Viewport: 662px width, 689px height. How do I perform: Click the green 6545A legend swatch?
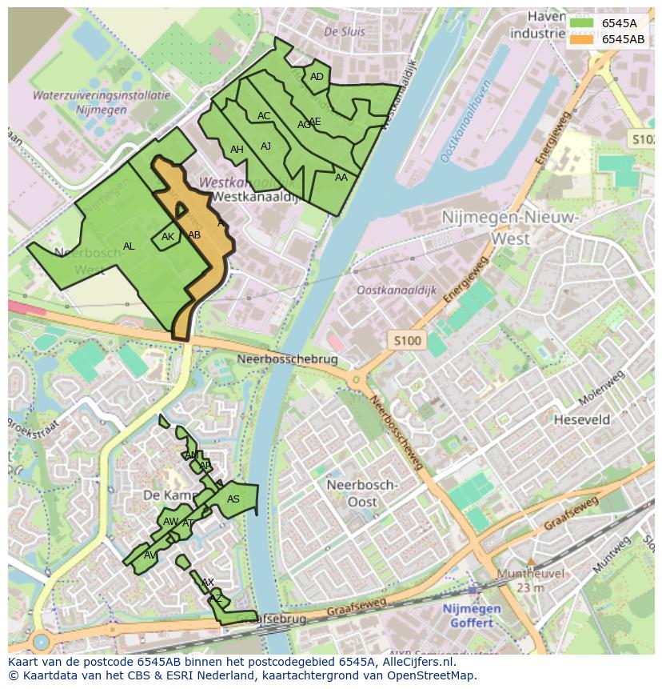coord(580,23)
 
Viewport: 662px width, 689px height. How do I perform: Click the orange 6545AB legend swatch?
coord(580,39)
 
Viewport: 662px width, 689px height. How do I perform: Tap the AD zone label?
coord(317,77)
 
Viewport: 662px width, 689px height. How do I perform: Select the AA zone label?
coord(341,178)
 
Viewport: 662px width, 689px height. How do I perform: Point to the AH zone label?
coord(237,150)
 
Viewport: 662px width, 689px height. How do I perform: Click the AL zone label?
coord(129,246)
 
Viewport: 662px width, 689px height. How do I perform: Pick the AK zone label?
coord(168,237)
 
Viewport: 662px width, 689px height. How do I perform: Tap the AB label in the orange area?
coord(194,235)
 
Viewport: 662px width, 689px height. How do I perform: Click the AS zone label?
coord(233,499)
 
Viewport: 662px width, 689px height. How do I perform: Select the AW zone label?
coord(170,522)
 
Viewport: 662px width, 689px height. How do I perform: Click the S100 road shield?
coord(407,341)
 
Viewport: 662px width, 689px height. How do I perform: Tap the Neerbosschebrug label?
coord(288,360)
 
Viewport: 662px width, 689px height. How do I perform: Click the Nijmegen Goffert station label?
coord(472,615)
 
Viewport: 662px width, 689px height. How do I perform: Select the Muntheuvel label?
coord(530,574)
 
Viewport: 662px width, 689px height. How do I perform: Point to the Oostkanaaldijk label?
coord(397,291)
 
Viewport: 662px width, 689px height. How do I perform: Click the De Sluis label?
coord(345,32)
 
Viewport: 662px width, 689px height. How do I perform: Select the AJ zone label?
coord(266,146)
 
